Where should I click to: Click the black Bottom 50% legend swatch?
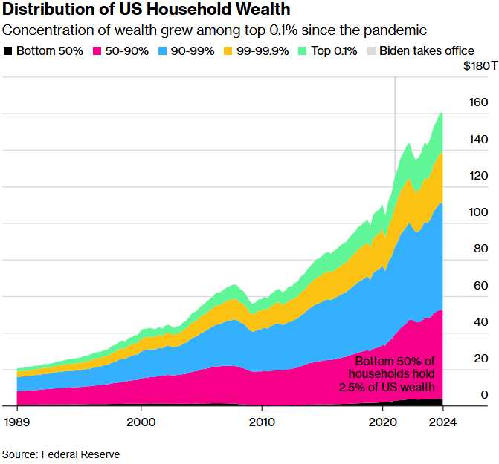8,51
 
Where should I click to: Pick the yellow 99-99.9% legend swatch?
229,51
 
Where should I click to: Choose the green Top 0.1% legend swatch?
301,51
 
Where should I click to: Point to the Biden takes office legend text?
426,51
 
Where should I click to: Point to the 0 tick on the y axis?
484,394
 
